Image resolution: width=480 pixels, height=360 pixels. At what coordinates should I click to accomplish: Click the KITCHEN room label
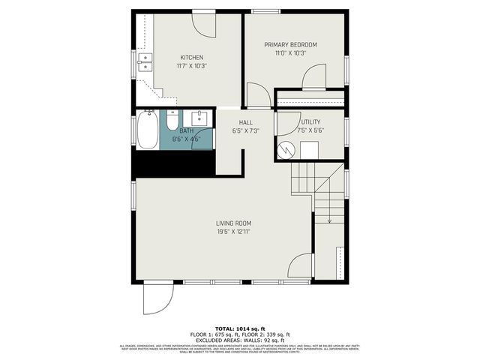(191, 58)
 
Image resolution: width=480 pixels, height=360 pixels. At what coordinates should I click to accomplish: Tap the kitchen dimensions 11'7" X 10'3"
(191, 66)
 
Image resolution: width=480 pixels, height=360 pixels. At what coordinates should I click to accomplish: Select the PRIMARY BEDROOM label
(290, 45)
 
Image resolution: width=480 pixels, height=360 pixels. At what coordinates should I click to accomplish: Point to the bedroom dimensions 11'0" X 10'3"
(290, 53)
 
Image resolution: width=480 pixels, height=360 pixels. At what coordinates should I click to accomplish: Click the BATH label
(186, 130)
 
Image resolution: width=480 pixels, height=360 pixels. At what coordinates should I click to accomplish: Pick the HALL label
(245, 122)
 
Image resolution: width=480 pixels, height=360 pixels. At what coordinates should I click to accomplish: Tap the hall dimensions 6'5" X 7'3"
(245, 130)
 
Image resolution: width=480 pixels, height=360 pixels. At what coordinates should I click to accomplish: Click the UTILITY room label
(310, 121)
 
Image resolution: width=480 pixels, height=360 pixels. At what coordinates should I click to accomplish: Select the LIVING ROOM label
(233, 223)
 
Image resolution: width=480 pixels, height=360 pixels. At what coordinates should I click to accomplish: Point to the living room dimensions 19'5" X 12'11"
(233, 232)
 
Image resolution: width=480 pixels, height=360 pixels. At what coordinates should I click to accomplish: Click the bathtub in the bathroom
(147, 131)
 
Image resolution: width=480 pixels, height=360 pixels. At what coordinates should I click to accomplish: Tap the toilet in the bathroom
(172, 119)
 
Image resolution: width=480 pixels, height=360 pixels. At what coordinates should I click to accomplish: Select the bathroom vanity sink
(199, 118)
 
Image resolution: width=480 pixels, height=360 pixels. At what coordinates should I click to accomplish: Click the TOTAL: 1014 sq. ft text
(240, 328)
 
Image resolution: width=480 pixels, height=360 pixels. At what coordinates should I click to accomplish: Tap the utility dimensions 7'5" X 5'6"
(310, 130)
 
